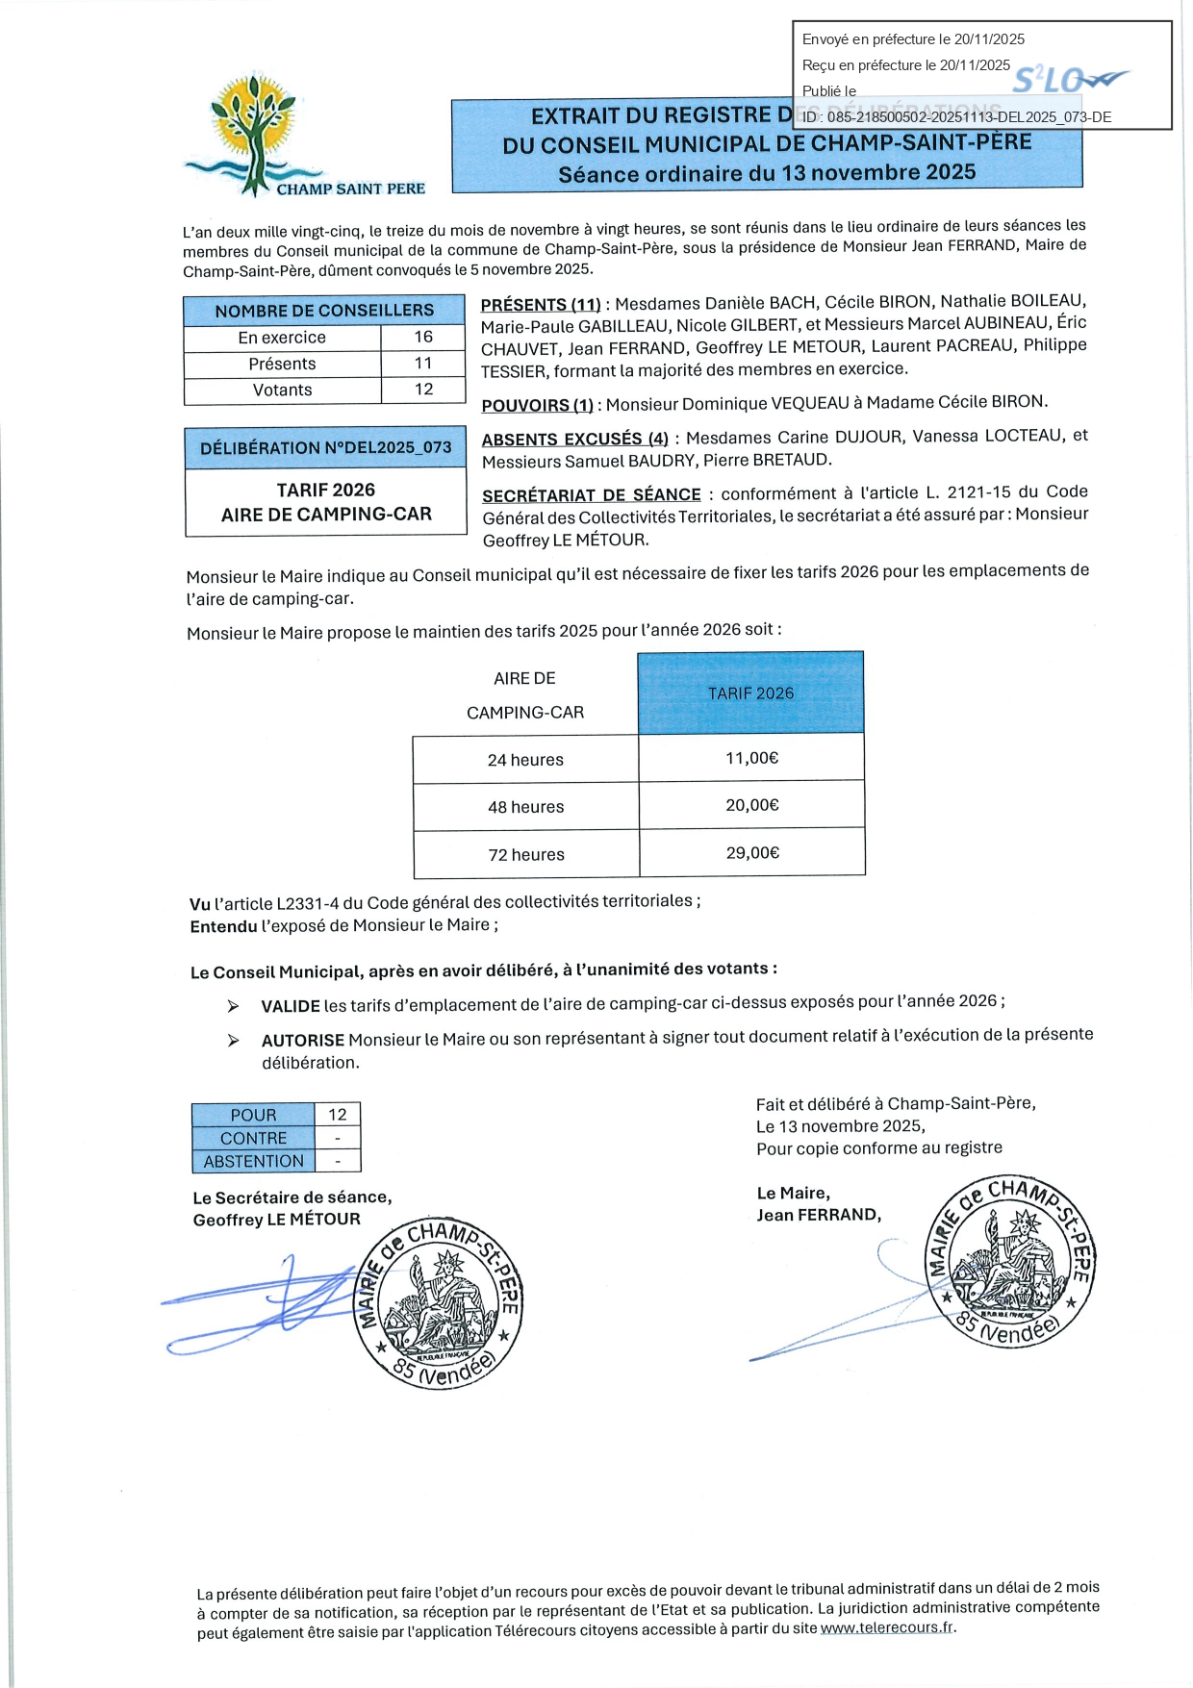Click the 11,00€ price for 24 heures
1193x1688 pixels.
(751, 758)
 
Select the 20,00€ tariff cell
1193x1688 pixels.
(751, 805)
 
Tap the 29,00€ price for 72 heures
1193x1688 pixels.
(752, 853)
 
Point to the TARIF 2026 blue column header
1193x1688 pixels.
(750, 693)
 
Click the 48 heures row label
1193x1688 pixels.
(525, 807)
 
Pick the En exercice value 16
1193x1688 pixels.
(423, 338)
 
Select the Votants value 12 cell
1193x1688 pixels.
(423, 390)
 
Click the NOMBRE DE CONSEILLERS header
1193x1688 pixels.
(324, 311)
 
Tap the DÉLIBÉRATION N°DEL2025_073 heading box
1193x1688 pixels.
(325, 448)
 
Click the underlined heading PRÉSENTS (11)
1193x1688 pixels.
(541, 305)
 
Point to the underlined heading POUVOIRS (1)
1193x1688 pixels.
(538, 405)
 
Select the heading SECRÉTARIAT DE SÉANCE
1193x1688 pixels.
(592, 495)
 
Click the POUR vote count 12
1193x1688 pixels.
(338, 1115)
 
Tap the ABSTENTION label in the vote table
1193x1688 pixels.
(253, 1161)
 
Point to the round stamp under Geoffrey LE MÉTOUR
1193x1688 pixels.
(439, 1305)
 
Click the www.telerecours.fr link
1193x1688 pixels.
(886, 1628)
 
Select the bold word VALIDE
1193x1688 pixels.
(291, 1006)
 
